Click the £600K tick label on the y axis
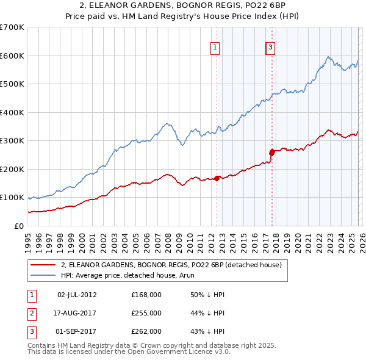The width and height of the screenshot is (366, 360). click(12, 56)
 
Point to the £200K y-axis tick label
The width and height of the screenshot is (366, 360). click(12, 169)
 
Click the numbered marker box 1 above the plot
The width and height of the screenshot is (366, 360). click(217, 48)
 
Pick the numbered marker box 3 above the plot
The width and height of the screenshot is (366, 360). click(270, 48)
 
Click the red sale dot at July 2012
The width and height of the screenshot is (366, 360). click(217, 178)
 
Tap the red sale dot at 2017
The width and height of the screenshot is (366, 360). click(272, 153)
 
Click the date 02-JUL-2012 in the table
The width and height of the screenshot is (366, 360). click(77, 295)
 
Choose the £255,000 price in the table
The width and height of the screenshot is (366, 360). click(146, 313)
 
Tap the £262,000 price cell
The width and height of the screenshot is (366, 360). click(146, 331)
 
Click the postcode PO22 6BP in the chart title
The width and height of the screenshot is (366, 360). click(254, 6)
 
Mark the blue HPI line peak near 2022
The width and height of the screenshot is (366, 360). click(328, 57)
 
